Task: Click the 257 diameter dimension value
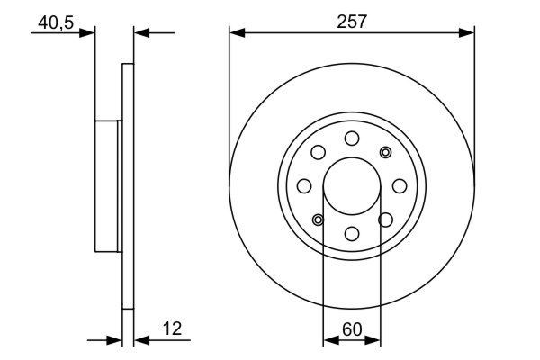click(x=352, y=21)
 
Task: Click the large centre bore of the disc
click(x=352, y=186)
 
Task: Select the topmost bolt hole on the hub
click(x=352, y=139)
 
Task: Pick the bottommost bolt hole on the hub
click(x=352, y=234)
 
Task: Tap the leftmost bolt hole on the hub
click(x=304, y=186)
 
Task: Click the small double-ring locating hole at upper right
click(x=386, y=152)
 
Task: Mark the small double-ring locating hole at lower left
click(x=318, y=220)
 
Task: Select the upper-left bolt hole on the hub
click(x=318, y=152)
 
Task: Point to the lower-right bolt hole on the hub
click(x=386, y=220)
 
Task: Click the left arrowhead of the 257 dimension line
click(x=237, y=32)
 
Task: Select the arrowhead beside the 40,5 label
click(x=87, y=32)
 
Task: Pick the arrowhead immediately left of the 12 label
click(x=141, y=340)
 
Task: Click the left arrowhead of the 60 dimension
click(x=328, y=340)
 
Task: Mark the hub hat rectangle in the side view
click(x=106, y=186)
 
